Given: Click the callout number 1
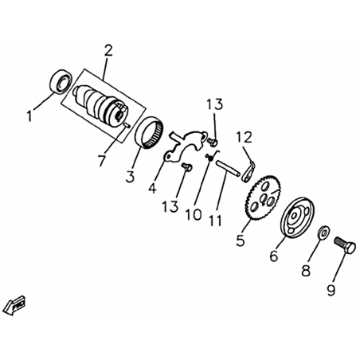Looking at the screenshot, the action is pyautogui.click(x=30, y=116).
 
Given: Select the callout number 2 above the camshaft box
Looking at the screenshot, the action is pyautogui.click(x=108, y=50).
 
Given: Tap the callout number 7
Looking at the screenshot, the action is pyautogui.click(x=102, y=161).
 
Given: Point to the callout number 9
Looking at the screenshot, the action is pyautogui.click(x=331, y=290).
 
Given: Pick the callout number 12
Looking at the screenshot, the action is pyautogui.click(x=245, y=137).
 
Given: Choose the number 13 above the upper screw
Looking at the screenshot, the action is pyautogui.click(x=215, y=104).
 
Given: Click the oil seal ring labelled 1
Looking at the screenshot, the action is pyautogui.click(x=61, y=81).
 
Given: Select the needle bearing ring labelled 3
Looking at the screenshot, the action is pyautogui.click(x=149, y=132).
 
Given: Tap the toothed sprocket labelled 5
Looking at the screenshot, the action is pyautogui.click(x=263, y=198).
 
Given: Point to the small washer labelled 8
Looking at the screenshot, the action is pyautogui.click(x=323, y=233).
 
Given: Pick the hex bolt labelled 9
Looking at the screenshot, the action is pyautogui.click(x=345, y=245).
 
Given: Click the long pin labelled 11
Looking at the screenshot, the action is pyautogui.click(x=228, y=167).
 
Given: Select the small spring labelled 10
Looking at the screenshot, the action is pyautogui.click(x=212, y=156).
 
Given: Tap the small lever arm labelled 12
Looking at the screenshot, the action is pyautogui.click(x=248, y=172).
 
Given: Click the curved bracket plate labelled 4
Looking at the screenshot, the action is pyautogui.click(x=186, y=146).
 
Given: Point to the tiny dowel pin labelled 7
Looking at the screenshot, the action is pyautogui.click(x=127, y=125).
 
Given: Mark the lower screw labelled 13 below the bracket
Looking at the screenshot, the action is pyautogui.click(x=187, y=167).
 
